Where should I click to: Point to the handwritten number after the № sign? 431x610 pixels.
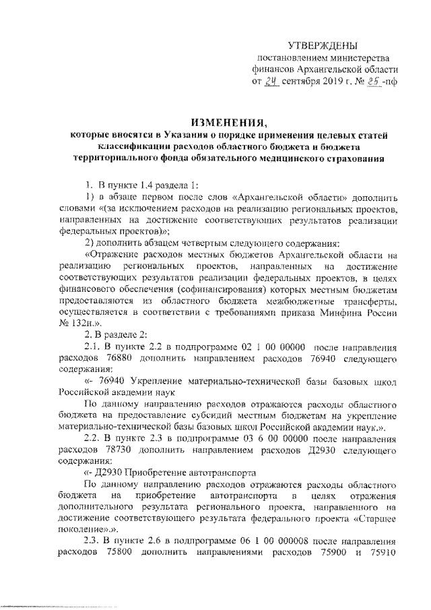point(368,83)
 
